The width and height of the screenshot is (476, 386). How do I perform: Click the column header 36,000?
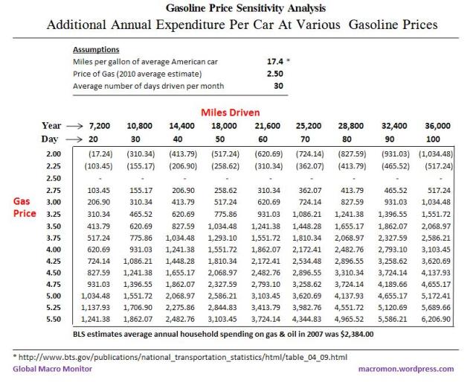point(437,127)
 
